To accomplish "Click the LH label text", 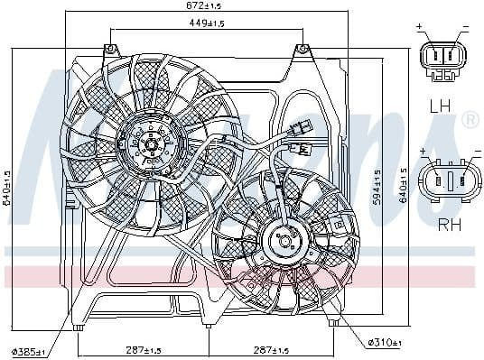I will [441, 106].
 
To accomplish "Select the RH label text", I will [448, 225].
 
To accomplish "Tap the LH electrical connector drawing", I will [443, 60].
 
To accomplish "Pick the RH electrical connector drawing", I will [447, 179].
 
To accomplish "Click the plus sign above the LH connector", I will [422, 29].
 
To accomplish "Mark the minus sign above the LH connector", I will [465, 29].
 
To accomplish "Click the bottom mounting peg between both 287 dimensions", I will [208, 324].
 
